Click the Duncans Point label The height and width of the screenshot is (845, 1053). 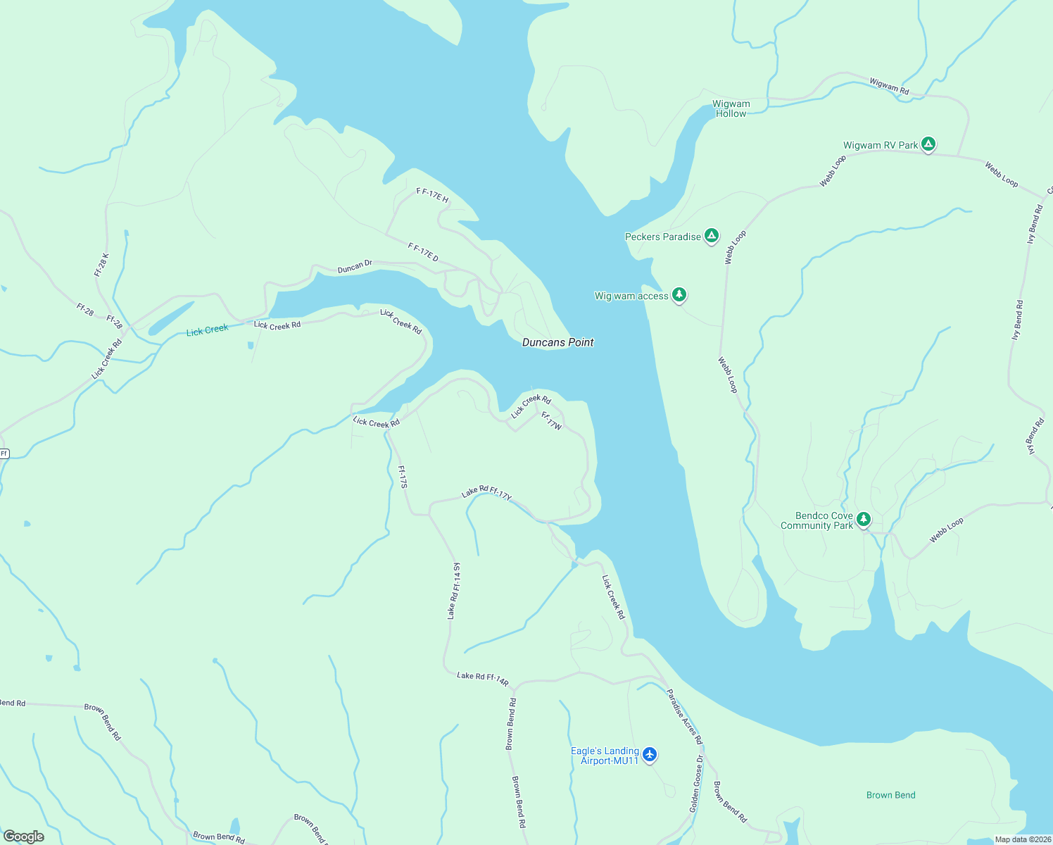[557, 342]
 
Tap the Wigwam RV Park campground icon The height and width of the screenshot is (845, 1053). [928, 145]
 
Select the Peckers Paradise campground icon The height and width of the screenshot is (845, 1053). [712, 236]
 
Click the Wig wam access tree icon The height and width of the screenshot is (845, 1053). [679, 295]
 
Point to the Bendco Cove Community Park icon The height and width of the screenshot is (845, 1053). [864, 520]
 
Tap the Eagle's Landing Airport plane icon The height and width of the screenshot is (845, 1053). [649, 755]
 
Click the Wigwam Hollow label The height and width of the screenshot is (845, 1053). [731, 108]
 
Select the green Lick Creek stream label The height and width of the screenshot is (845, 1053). [207, 330]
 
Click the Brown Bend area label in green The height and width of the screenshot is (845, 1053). [890, 795]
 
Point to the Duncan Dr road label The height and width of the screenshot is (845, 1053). [354, 267]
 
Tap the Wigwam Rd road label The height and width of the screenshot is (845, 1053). [889, 86]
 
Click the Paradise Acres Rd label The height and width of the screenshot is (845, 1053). [684, 716]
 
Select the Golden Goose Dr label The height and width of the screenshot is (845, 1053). [695, 784]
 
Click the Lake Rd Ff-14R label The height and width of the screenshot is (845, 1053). [482, 679]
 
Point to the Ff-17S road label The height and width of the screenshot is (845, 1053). [403, 477]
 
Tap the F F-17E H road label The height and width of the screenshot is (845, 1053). [432, 195]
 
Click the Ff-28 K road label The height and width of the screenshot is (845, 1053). [101, 265]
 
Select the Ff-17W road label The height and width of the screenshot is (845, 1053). [551, 421]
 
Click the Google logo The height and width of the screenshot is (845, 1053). [24, 836]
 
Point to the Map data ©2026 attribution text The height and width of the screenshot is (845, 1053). [1022, 839]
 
